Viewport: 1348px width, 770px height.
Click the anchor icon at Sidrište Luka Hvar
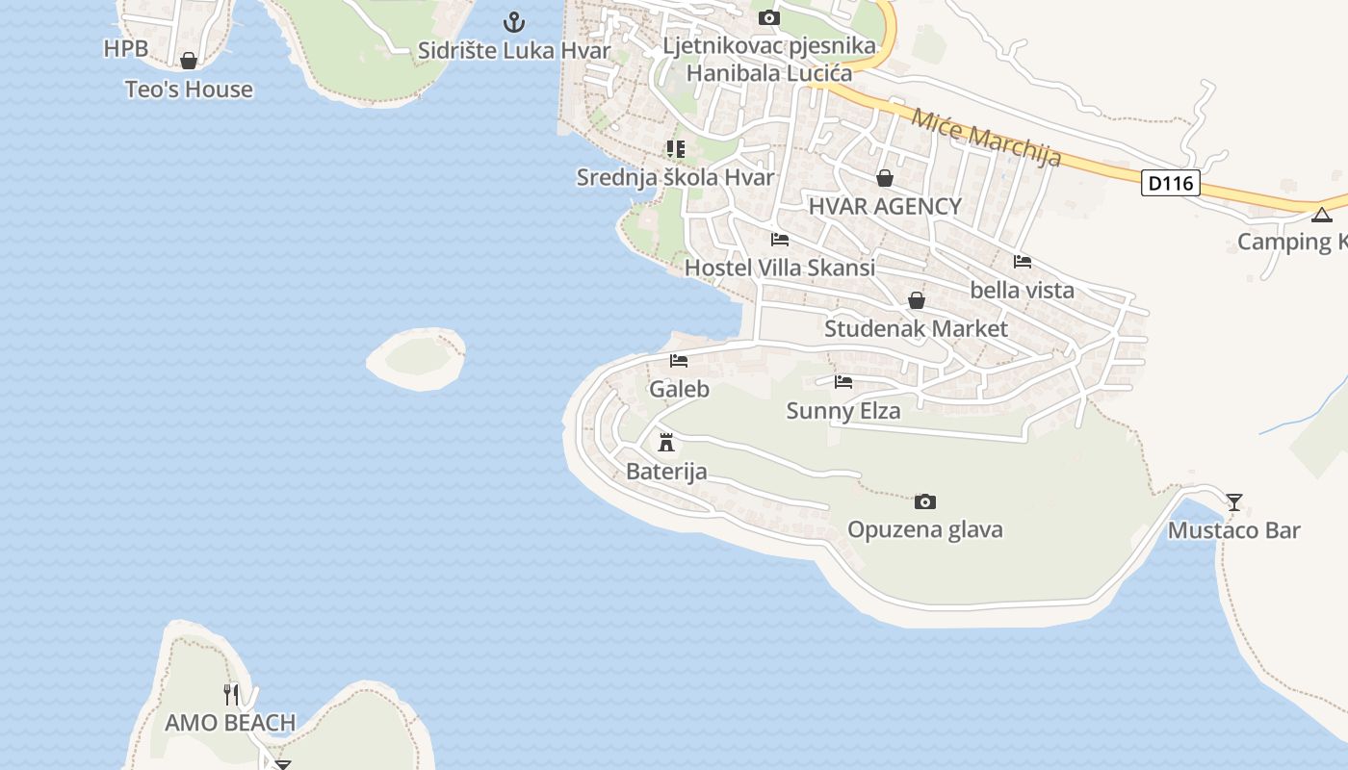coord(514,21)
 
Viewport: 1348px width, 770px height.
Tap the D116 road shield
coord(1171,182)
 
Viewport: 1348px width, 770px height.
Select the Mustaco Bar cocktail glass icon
coord(1233,501)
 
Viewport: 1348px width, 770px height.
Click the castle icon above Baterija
coord(665,443)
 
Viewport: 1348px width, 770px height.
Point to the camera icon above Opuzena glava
coord(924,501)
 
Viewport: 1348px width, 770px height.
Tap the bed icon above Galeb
coord(679,361)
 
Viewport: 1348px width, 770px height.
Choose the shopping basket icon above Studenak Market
coord(916,300)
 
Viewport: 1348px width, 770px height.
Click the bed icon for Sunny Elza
coord(843,382)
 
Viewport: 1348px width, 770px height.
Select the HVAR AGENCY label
coord(884,206)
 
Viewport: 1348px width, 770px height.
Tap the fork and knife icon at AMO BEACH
coord(231,694)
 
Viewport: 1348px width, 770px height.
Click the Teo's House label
coord(189,90)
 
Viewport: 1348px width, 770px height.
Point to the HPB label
coord(126,48)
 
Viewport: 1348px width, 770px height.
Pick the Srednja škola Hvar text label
coord(675,177)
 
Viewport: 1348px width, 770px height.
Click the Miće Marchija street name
coord(985,139)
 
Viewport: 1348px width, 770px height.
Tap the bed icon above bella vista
coord(1022,262)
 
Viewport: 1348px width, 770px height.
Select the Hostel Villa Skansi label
coord(779,268)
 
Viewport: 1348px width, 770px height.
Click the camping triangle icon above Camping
coord(1321,215)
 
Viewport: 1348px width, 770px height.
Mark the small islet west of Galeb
coord(417,359)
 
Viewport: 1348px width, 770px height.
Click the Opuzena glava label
coord(924,529)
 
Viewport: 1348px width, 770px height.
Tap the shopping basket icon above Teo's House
coord(189,61)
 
